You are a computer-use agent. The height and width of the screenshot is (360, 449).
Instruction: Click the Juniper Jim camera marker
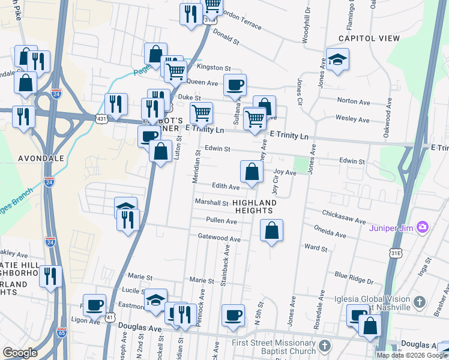(423, 226)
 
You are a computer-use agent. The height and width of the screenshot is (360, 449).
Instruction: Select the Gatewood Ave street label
(219, 238)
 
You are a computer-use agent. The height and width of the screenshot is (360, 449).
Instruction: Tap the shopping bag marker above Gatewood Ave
(271, 230)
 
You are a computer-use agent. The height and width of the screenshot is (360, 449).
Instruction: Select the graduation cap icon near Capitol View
(337, 59)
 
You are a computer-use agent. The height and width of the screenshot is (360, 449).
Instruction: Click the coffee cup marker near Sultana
(235, 85)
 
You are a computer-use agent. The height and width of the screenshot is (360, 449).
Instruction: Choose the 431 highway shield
(101, 120)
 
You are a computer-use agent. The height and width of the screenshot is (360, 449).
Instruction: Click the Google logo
(20, 353)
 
